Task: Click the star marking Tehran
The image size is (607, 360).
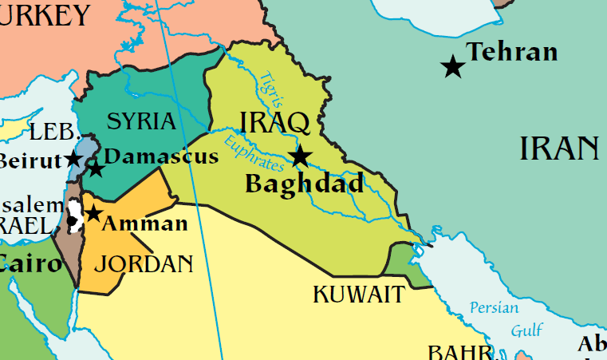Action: [x=453, y=66]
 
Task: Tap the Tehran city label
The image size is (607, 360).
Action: [x=511, y=53]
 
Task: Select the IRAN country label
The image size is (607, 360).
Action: [x=559, y=148]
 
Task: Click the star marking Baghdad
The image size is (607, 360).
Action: [x=300, y=156]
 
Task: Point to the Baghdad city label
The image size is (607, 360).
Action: [x=304, y=184]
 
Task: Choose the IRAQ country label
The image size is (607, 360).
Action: [x=274, y=123]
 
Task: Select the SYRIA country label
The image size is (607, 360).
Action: [x=140, y=121]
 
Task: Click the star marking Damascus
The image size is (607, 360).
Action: [x=96, y=168]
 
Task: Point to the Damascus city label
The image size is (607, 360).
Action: [x=161, y=156]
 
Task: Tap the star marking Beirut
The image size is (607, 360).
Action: [x=73, y=158]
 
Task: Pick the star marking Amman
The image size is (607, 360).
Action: [x=93, y=213]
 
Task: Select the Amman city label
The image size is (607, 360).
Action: [x=145, y=224]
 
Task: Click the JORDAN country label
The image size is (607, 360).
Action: [x=148, y=263]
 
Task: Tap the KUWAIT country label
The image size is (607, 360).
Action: [x=358, y=295]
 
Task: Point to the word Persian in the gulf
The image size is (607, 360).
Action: [x=494, y=307]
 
